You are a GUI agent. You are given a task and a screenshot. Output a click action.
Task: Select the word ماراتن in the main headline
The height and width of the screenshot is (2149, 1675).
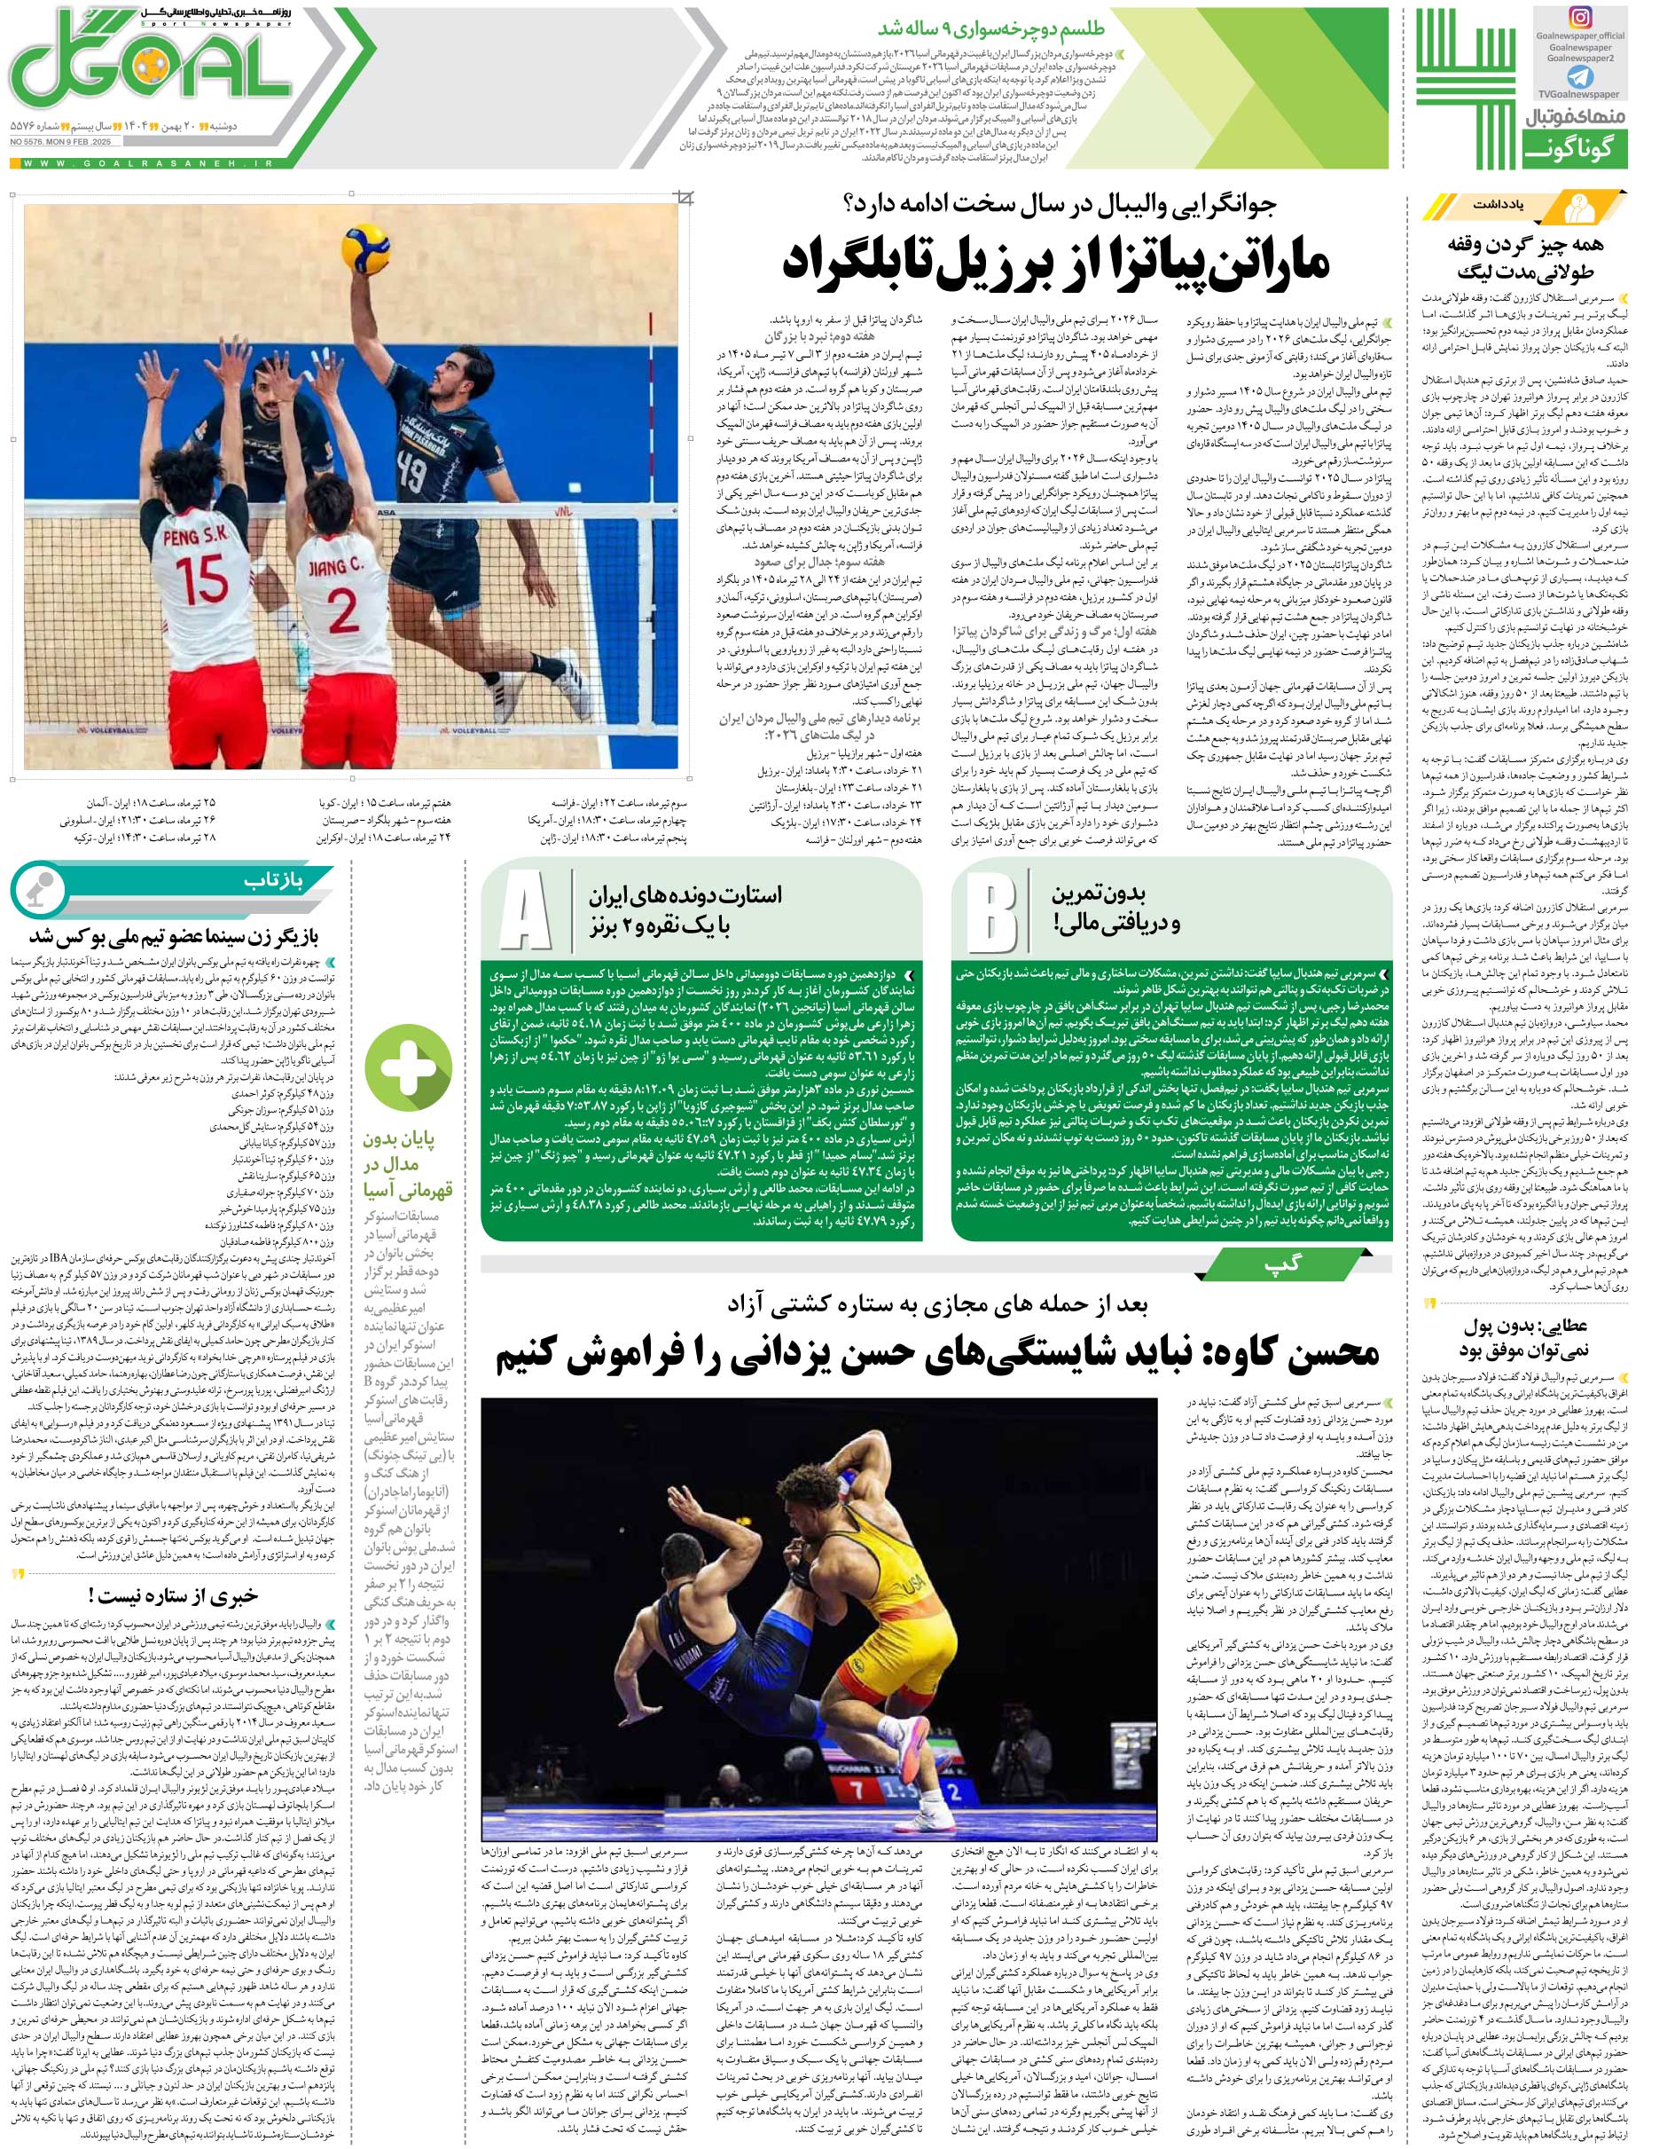[1260, 260]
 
